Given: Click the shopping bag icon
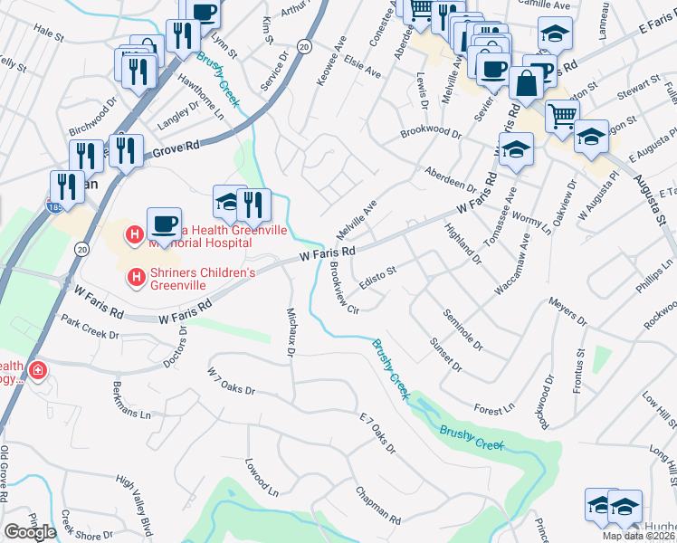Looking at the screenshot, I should (x=525, y=83).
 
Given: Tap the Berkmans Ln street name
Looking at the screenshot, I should (x=130, y=401).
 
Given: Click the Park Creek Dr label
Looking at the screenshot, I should (x=89, y=327).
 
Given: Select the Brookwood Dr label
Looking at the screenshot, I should (x=432, y=132).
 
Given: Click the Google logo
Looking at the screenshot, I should (x=30, y=532).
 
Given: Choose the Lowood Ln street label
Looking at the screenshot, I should (x=261, y=478).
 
